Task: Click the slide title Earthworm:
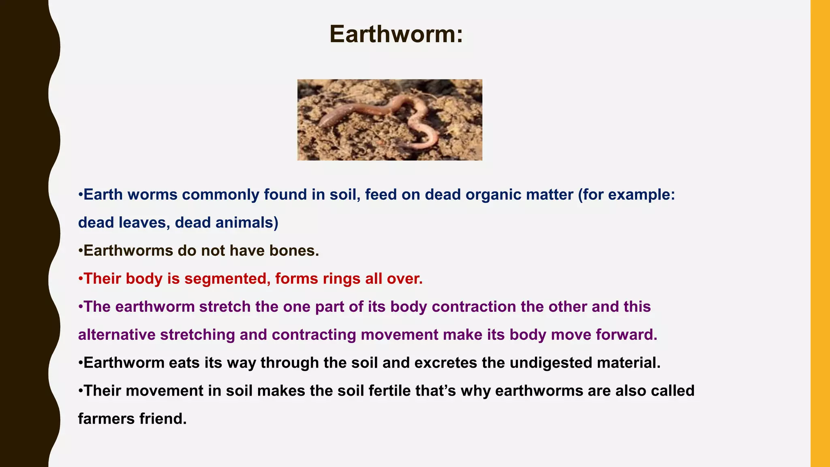pyautogui.click(x=396, y=34)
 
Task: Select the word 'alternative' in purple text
pyautogui.click(x=117, y=335)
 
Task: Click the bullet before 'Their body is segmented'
pyautogui.click(x=80, y=279)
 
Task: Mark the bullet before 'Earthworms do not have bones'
pyautogui.click(x=80, y=251)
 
